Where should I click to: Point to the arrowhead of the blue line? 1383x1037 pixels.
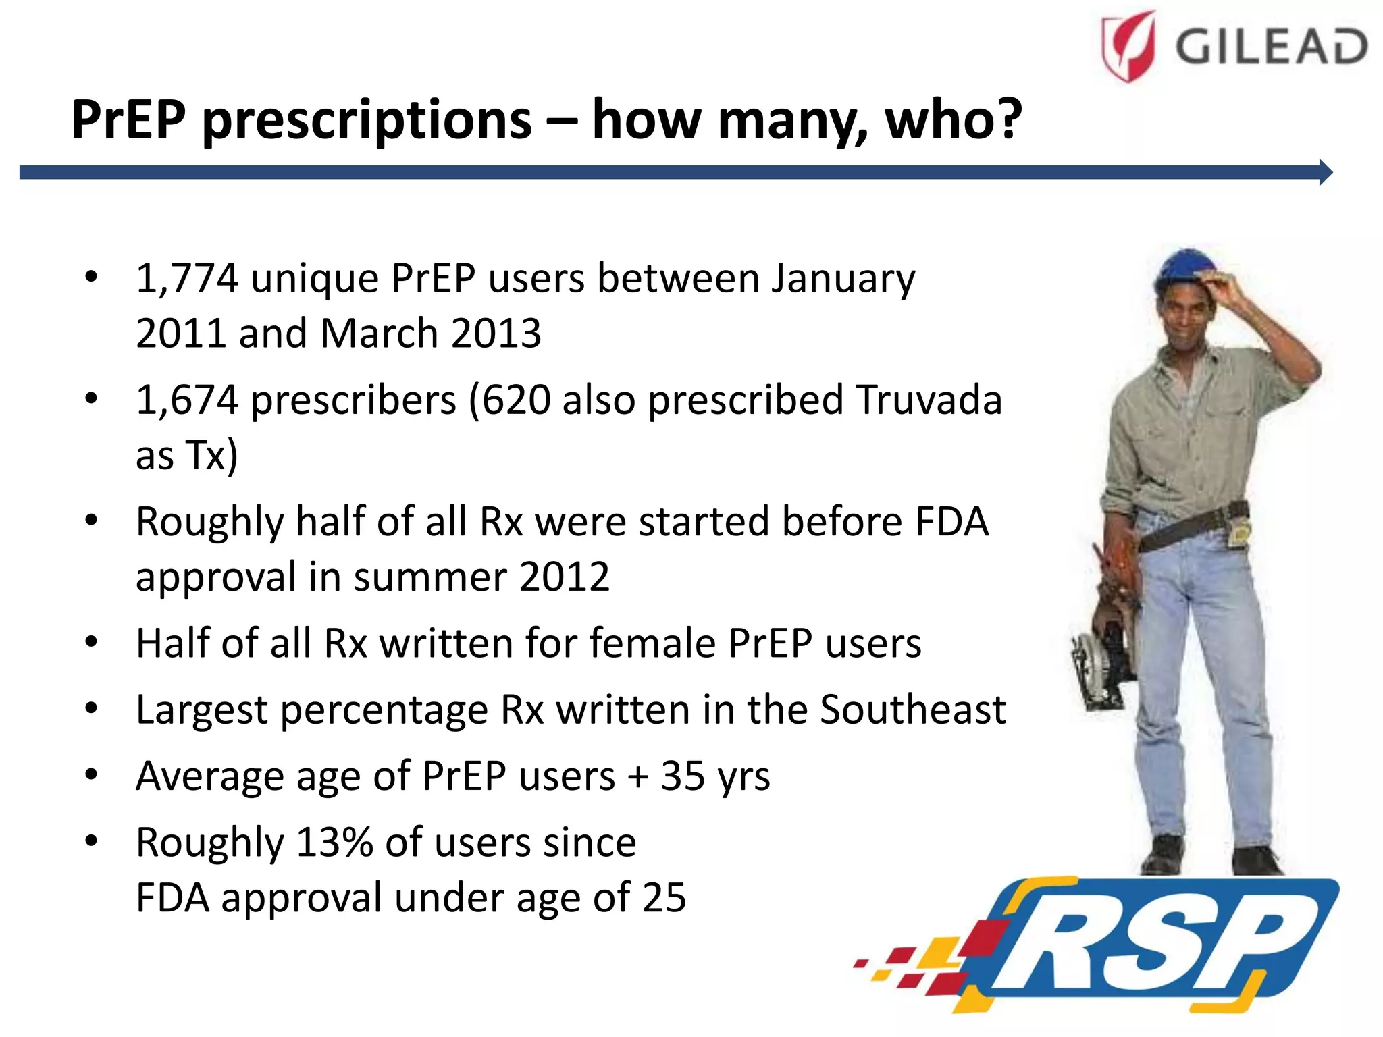[1325, 173]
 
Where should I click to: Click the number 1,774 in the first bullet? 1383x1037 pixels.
[187, 278]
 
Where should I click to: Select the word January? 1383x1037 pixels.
[843, 280]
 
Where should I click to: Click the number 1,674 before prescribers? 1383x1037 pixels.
[187, 400]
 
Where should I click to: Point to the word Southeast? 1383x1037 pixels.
[912, 710]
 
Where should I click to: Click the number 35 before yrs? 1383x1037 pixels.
[683, 776]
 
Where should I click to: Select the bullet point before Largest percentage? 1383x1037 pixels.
[91, 709]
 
